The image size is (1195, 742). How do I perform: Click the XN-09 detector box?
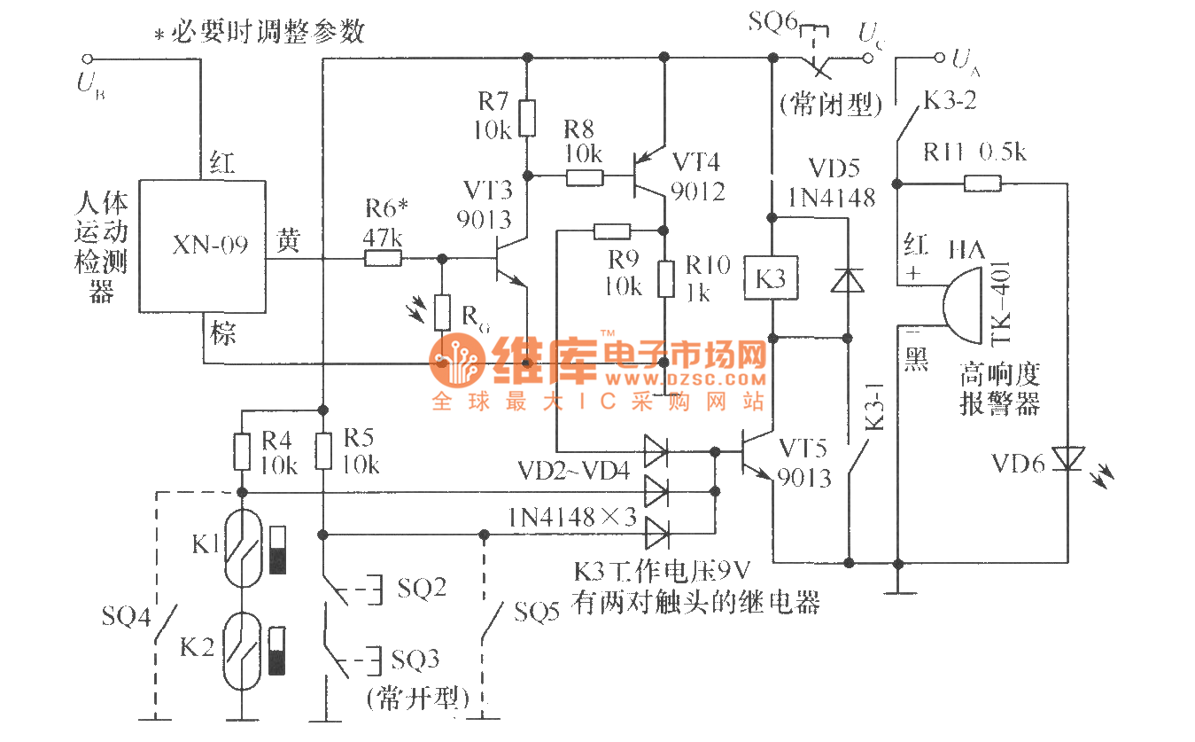203,246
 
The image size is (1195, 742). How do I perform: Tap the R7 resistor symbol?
527,119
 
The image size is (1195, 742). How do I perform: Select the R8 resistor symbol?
584,177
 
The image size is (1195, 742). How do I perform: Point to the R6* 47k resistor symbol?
383,259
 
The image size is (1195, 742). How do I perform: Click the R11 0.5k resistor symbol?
982,184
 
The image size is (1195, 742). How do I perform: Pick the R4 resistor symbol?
241,451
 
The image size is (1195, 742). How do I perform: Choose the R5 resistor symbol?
323,451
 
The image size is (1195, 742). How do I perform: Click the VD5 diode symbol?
847,280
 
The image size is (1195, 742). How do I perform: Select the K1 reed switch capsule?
242,548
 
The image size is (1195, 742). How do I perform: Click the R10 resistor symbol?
664,279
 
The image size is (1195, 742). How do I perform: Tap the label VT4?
696,162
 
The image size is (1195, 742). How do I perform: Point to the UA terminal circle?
940,59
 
